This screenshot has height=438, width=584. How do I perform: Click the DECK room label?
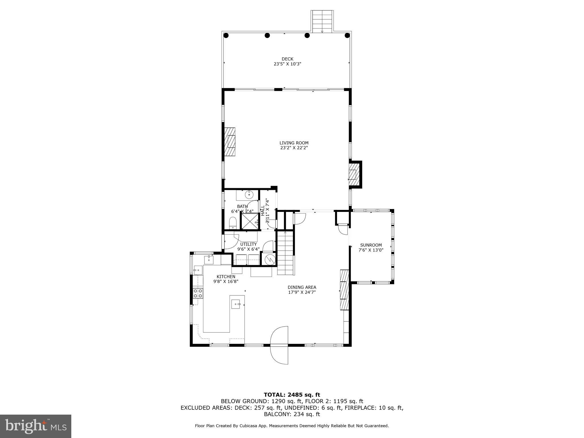coord(287,59)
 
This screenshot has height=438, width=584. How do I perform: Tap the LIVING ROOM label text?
coord(294,143)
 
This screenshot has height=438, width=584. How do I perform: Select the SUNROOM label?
coord(371,245)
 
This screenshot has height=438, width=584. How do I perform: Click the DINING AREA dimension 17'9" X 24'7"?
coord(302,292)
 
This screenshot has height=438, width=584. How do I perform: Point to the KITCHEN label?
coord(226,277)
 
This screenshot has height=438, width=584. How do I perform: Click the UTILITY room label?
coord(248,244)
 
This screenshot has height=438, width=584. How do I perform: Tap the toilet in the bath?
coord(233,223)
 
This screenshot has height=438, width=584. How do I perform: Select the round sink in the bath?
coord(249,195)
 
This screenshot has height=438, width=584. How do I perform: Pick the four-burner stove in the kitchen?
coord(198,293)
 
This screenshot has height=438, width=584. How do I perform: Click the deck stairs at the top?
coord(322,21)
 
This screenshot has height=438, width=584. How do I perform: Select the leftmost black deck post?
coord(226,35)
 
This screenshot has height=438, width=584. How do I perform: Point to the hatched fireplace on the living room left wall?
coord(230,142)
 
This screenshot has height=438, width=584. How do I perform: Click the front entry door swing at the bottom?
coord(279,345)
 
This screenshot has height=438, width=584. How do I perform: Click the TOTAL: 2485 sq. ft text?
coord(292,395)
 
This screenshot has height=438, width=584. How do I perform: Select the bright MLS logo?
coord(36,426)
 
